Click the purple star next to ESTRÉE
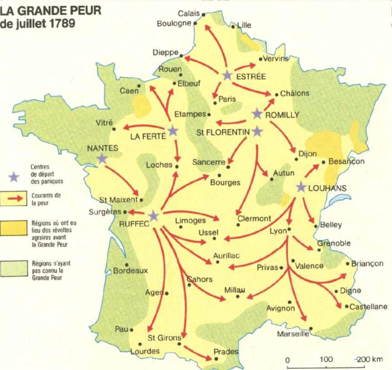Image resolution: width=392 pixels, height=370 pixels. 227,76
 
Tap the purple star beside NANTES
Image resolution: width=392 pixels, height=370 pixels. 102,159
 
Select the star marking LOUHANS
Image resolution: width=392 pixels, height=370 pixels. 301,188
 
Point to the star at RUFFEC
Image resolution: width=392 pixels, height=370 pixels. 153,216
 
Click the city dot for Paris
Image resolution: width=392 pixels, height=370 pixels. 215,103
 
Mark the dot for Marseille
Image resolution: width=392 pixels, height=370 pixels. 311,328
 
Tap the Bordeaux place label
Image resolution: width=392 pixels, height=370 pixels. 130,271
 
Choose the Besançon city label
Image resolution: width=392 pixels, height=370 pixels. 346,161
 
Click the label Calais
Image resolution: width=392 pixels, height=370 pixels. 189,13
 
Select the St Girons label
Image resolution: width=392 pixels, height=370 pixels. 164,338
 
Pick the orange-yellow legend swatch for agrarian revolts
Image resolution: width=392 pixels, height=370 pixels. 13,228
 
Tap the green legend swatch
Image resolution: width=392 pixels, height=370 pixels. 13,268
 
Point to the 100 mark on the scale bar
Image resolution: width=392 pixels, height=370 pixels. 326,359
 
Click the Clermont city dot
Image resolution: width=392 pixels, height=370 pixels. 238,225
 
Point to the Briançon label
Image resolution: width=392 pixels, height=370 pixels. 367,263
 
